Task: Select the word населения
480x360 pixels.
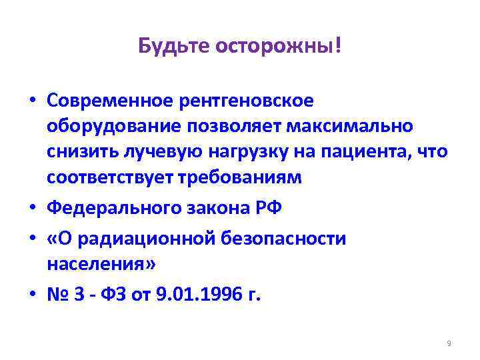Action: click(x=101, y=264)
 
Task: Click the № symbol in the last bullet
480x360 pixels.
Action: click(x=57, y=293)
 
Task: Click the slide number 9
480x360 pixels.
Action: click(x=449, y=343)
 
